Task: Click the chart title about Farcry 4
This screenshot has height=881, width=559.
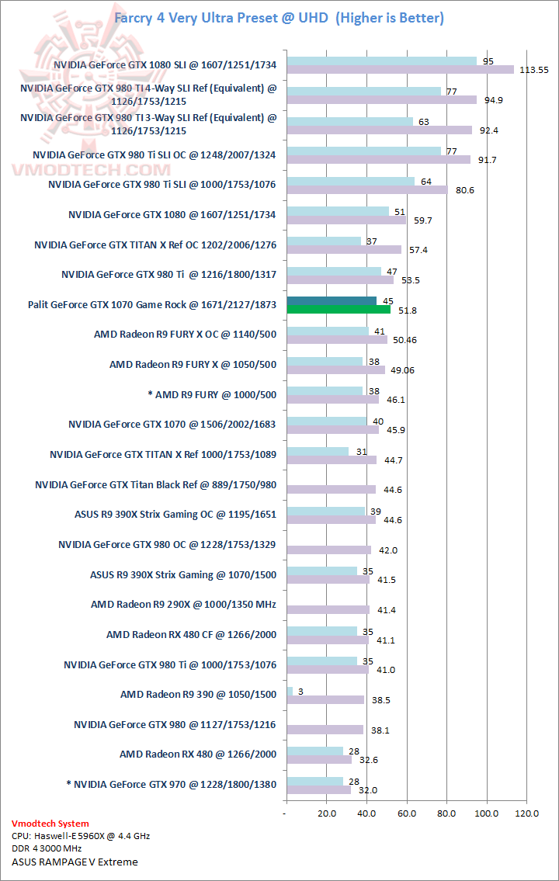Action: point(279,18)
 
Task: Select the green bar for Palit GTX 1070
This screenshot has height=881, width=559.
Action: point(339,309)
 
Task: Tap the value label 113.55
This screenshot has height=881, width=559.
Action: point(533,70)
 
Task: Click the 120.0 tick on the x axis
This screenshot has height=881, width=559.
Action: point(526,813)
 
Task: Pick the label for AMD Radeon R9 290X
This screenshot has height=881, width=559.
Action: point(183,604)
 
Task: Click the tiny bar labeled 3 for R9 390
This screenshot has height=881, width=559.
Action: point(290,691)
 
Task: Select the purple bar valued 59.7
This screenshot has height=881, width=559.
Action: point(346,220)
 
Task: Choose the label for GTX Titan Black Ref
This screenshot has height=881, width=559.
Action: point(155,485)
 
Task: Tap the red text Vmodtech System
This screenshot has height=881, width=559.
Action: point(50,824)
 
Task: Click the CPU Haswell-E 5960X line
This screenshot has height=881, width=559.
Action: point(81,836)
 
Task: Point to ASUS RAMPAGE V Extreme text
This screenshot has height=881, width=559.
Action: point(75,862)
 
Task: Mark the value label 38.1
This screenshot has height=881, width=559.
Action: point(382,730)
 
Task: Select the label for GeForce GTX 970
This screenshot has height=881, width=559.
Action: point(172,784)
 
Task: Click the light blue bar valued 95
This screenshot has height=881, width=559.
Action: point(381,61)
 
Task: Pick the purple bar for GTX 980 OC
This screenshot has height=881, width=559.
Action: point(329,550)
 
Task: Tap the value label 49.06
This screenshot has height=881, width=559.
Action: point(404,370)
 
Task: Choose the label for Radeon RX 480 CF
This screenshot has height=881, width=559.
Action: point(191,634)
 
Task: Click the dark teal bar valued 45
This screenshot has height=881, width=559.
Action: point(332,301)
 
